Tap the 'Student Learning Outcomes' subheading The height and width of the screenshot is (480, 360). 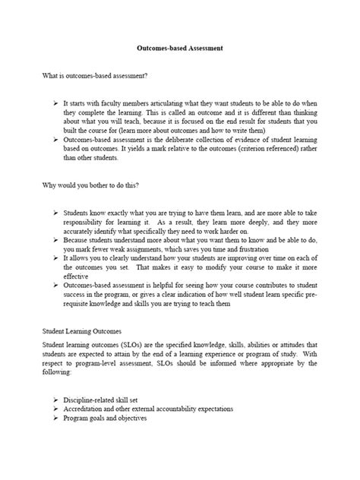pos(85,331)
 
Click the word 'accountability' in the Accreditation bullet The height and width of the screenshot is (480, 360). pos(187,409)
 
